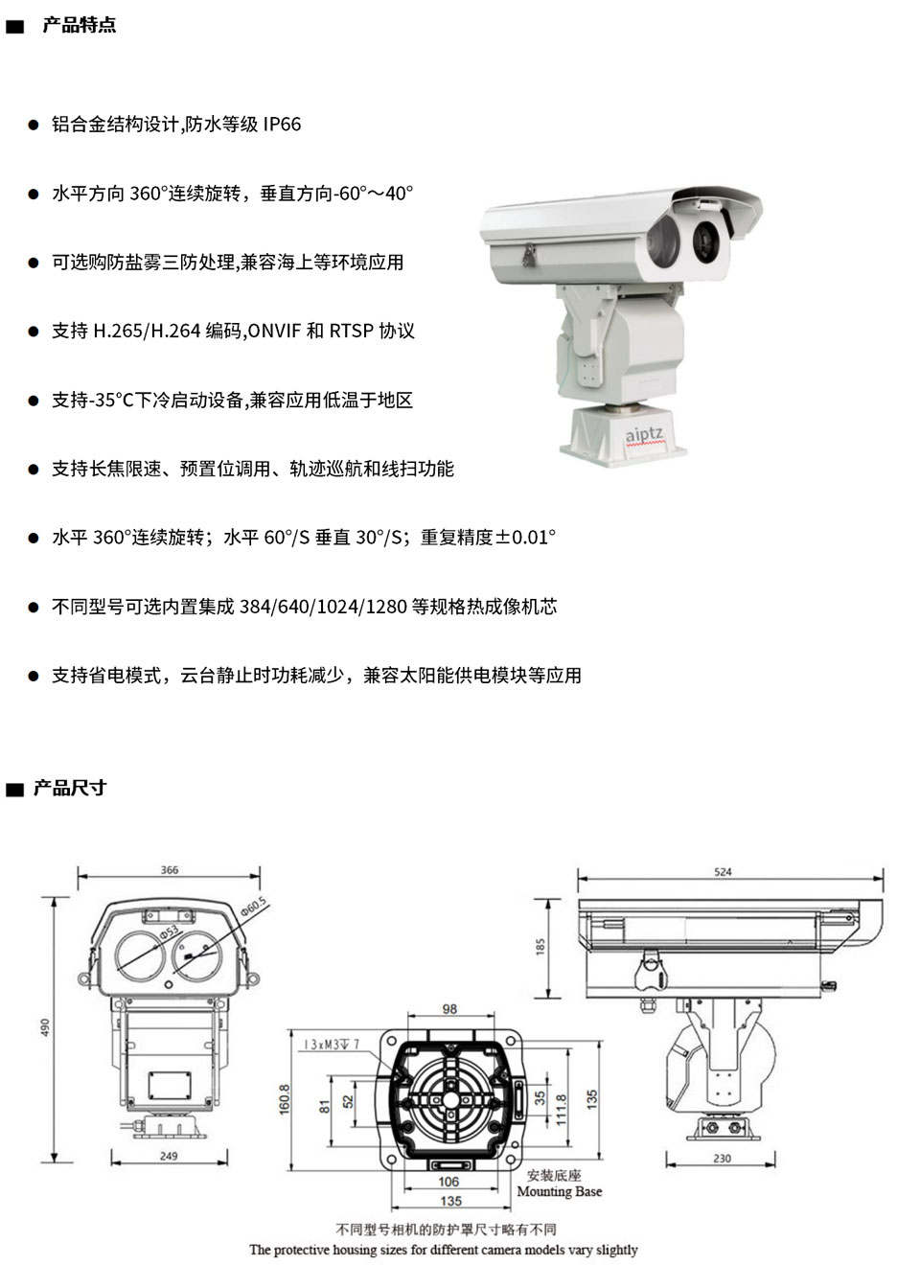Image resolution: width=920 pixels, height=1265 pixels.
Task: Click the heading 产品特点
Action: coord(79,26)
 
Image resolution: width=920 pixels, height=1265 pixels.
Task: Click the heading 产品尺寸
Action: coord(69,789)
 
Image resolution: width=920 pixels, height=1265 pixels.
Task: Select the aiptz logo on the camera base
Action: coord(644,435)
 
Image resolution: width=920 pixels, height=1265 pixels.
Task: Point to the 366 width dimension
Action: coord(169,870)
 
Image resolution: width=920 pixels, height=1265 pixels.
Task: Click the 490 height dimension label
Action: coord(45,1026)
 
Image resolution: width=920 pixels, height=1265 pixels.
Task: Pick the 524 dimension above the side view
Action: coord(723,872)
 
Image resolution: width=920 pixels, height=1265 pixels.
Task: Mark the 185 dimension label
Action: coord(540,947)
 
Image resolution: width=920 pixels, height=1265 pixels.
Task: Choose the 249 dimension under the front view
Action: coord(169,1156)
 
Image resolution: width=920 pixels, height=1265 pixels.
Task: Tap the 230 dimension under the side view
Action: coord(722,1159)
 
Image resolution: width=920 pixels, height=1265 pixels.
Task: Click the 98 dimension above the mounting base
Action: coord(449,1009)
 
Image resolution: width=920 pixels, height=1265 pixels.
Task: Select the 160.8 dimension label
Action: coord(285,1099)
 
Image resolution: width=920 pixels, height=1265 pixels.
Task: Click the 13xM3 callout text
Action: coord(331,1044)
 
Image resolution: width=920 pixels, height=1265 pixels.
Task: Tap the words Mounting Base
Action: coord(560,1192)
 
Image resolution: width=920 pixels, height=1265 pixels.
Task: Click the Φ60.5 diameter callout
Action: coord(253,907)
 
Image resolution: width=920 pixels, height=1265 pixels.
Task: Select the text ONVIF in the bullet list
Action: coord(275,332)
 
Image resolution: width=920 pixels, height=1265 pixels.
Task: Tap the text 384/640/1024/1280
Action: coord(323,607)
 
